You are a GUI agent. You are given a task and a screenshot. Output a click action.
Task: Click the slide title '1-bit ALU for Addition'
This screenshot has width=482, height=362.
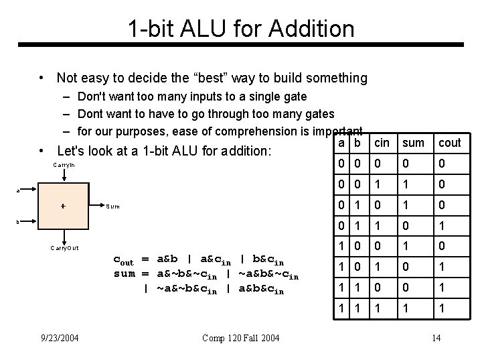(x=241, y=28)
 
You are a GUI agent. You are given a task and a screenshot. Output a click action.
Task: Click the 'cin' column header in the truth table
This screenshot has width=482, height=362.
(x=382, y=143)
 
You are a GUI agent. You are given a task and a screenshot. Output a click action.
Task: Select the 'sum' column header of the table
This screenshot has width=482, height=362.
(x=413, y=143)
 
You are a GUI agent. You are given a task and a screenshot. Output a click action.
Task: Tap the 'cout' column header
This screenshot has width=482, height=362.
(x=449, y=143)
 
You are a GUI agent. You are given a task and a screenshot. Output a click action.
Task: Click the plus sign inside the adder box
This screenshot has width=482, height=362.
(x=63, y=206)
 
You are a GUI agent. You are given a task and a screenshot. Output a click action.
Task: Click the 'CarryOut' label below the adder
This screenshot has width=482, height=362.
(x=64, y=247)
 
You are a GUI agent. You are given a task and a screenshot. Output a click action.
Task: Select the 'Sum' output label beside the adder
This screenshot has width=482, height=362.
(x=113, y=206)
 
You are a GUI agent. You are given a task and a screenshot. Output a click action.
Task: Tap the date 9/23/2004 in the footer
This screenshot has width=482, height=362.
(x=59, y=337)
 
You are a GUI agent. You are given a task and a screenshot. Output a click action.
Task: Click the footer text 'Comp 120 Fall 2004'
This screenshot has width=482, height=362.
(x=240, y=337)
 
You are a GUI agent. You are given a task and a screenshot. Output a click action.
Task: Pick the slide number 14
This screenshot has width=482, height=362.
(x=436, y=337)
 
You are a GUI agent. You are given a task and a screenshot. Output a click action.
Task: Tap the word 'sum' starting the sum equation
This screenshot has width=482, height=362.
(x=125, y=275)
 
